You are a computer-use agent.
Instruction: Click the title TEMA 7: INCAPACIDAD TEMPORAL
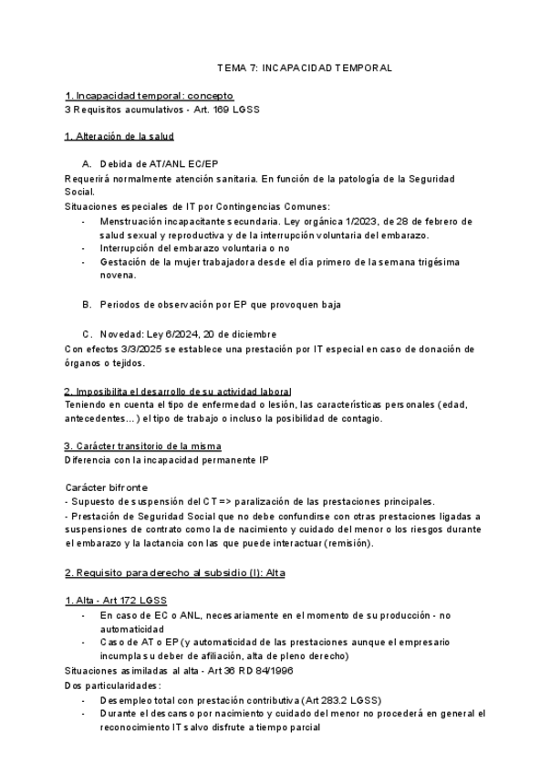pos(304,68)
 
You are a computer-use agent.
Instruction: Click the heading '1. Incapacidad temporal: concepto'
pos(150,95)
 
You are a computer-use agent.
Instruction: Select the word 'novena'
pos(118,275)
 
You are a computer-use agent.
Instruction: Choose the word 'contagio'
pos(361,418)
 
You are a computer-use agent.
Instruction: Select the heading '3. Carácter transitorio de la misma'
pos(142,445)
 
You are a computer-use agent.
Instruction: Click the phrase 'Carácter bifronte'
pos(106,487)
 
